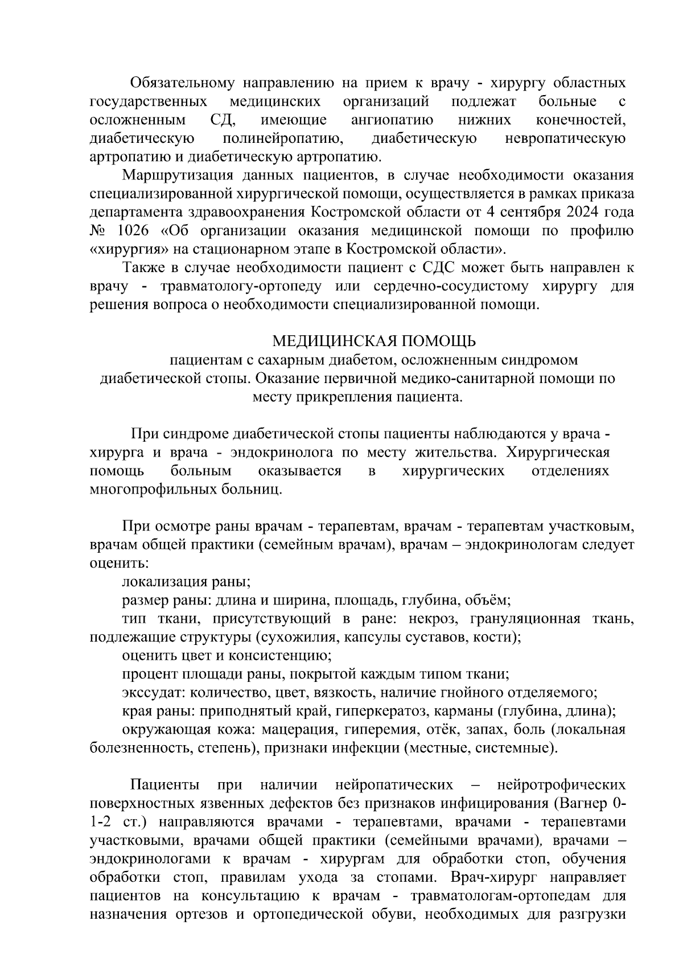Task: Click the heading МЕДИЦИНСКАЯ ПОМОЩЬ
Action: (x=374, y=341)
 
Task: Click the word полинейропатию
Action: (x=283, y=138)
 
